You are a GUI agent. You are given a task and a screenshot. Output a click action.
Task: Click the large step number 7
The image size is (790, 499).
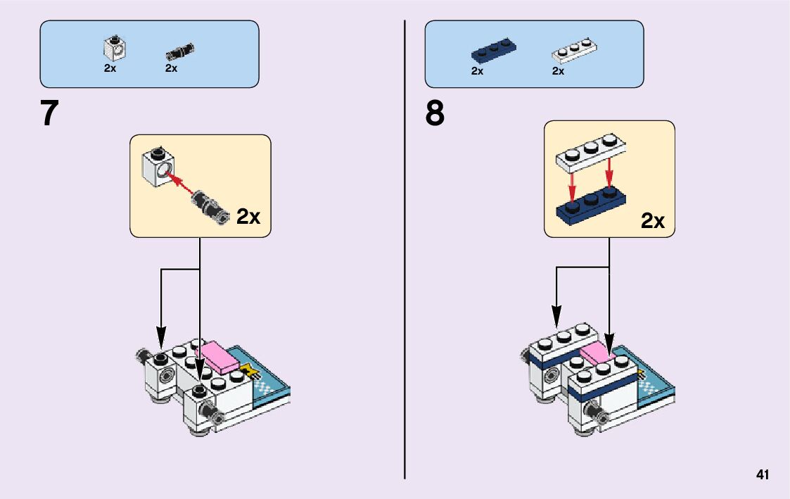coord(49,113)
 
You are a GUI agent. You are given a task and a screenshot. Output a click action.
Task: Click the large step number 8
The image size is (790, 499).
coord(435,113)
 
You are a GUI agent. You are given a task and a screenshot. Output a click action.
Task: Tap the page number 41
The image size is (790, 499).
coord(763,475)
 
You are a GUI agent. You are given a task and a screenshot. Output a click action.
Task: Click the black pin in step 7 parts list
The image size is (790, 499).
coord(180,51)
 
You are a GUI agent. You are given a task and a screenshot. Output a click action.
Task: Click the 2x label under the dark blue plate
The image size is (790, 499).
coord(477,71)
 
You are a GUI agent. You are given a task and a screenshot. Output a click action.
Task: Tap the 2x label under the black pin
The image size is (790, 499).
coord(171,68)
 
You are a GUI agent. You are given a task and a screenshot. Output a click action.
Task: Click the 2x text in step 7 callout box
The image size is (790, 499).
coord(248,216)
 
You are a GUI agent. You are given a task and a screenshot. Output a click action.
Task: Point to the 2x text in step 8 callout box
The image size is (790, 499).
coord(653,221)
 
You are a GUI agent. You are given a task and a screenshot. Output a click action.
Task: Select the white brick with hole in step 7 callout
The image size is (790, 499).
coord(159,168)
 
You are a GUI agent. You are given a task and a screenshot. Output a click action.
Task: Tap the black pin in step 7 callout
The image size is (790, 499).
coord(208,206)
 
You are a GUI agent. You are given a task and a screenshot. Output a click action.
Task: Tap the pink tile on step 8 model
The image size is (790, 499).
coord(597,356)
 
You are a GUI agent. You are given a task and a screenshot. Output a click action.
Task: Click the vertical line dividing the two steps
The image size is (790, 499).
coord(405,246)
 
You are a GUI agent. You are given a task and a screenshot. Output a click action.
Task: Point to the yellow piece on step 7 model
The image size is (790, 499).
coord(247,369)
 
